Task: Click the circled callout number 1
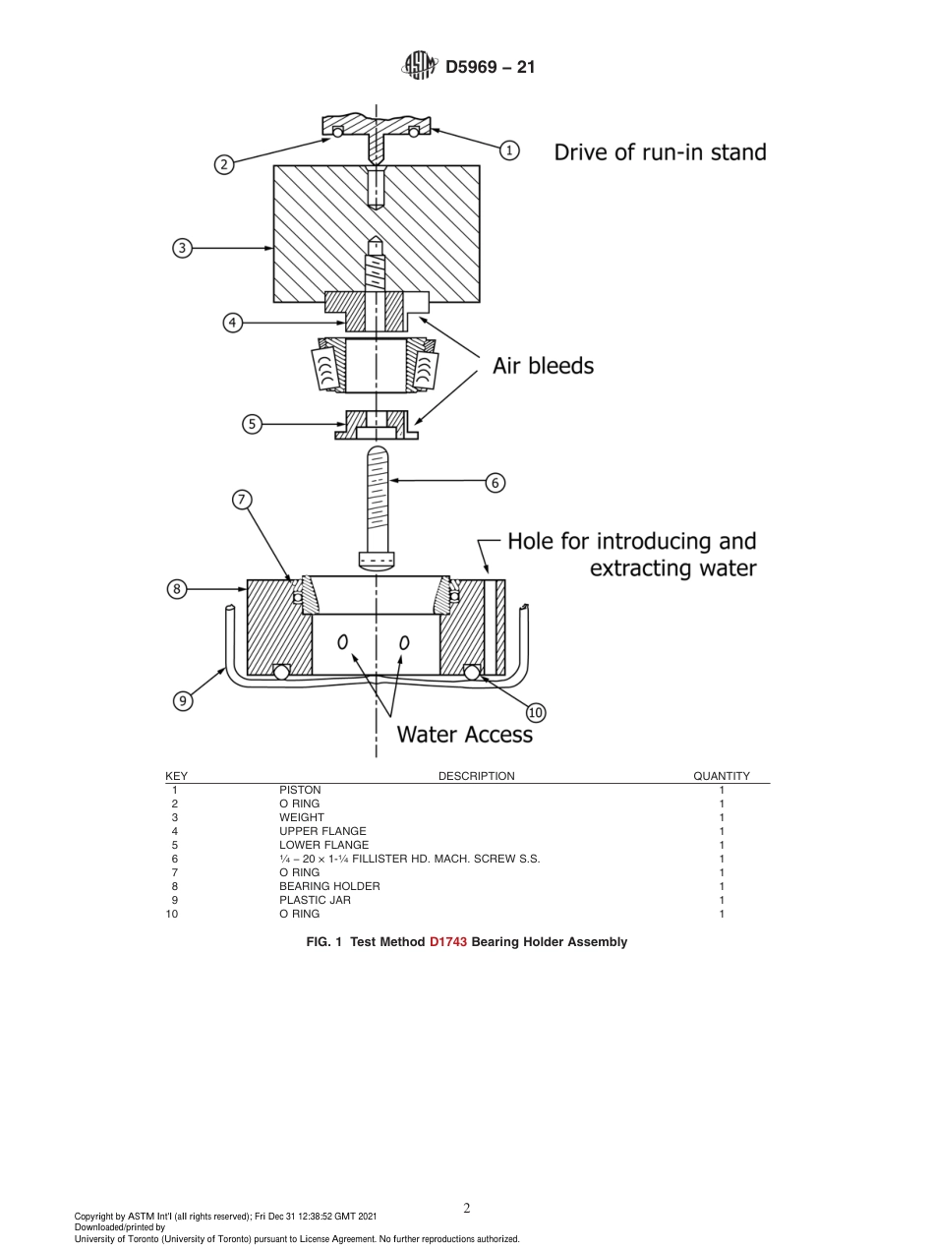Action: pos(509,150)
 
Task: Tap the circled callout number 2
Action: pos(224,164)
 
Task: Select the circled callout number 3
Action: pos(182,248)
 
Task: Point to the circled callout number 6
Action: pos(496,482)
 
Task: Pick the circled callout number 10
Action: pos(536,712)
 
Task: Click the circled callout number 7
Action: pos(242,499)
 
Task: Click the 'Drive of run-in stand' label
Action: pos(660,152)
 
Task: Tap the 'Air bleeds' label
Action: pos(543,366)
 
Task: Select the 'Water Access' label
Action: pos(464,735)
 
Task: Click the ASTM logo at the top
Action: pos(420,67)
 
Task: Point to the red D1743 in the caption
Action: pos(448,942)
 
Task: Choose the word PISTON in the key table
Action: pos(300,790)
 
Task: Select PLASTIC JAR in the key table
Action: pos(315,900)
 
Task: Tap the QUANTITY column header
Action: pos(722,776)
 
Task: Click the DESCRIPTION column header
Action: pos(476,776)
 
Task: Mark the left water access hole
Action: pos(343,642)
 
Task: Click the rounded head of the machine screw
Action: pos(378,563)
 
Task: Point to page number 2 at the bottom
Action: pos(467,1209)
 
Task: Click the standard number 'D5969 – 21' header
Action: pos(490,68)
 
